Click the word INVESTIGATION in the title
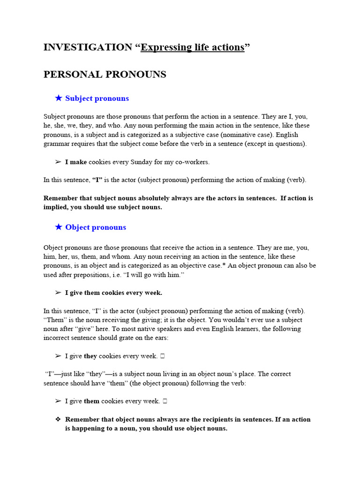point(88,47)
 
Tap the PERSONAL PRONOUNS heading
point(105,75)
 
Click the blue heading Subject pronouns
point(97,98)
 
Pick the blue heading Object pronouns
point(96,227)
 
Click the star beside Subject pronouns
point(59,98)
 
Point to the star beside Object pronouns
point(59,227)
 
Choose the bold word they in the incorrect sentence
point(90,356)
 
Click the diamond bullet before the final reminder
point(58,420)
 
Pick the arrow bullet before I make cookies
point(58,162)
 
